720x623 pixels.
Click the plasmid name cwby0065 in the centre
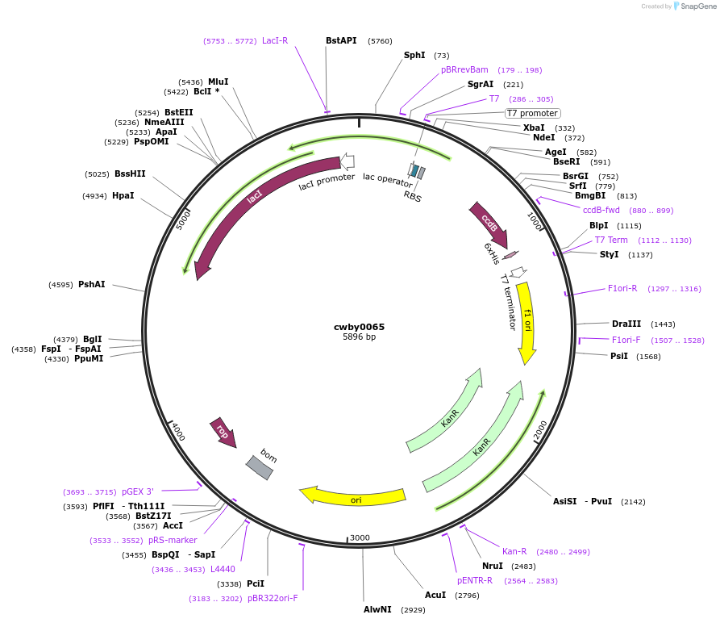[359, 327]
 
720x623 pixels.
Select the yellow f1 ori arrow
[526, 321]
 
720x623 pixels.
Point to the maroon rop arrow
[222, 432]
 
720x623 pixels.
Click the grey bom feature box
[260, 466]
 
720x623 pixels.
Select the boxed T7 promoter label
[532, 114]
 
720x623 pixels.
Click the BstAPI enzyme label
[341, 40]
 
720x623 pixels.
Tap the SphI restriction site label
[414, 56]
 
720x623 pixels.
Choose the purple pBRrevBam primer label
[464, 70]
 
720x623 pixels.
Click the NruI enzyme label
[493, 566]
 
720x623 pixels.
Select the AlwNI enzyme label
[377, 609]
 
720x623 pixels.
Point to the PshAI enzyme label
[92, 284]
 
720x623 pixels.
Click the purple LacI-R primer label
[275, 40]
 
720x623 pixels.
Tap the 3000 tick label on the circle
[360, 537]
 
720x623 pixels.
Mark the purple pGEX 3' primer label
[138, 491]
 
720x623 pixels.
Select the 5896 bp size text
[359, 337]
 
